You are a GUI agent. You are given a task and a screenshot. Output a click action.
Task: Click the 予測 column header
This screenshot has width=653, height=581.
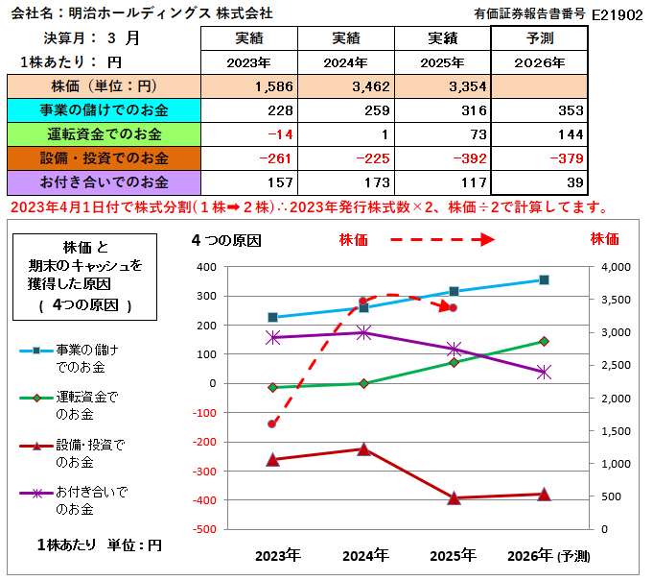539,38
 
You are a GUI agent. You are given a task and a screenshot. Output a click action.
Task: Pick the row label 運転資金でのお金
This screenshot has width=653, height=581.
104,133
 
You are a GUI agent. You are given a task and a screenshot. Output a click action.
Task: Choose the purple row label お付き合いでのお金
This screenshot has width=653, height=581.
104,181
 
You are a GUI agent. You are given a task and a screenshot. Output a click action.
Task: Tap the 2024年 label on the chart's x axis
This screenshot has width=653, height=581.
364,555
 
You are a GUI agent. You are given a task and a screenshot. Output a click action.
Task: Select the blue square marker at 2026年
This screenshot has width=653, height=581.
544,279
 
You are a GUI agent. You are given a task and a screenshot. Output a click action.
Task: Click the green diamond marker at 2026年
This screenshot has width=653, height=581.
544,341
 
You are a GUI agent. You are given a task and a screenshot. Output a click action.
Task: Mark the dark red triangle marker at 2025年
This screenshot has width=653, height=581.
454,497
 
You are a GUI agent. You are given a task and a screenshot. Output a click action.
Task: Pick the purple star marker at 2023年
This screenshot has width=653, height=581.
273,337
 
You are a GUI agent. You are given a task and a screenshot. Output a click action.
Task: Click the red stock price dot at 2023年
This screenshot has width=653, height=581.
272,424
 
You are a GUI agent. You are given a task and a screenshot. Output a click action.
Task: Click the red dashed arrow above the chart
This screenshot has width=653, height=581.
431,239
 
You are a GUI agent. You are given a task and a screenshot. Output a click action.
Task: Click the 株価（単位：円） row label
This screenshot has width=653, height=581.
104,86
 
